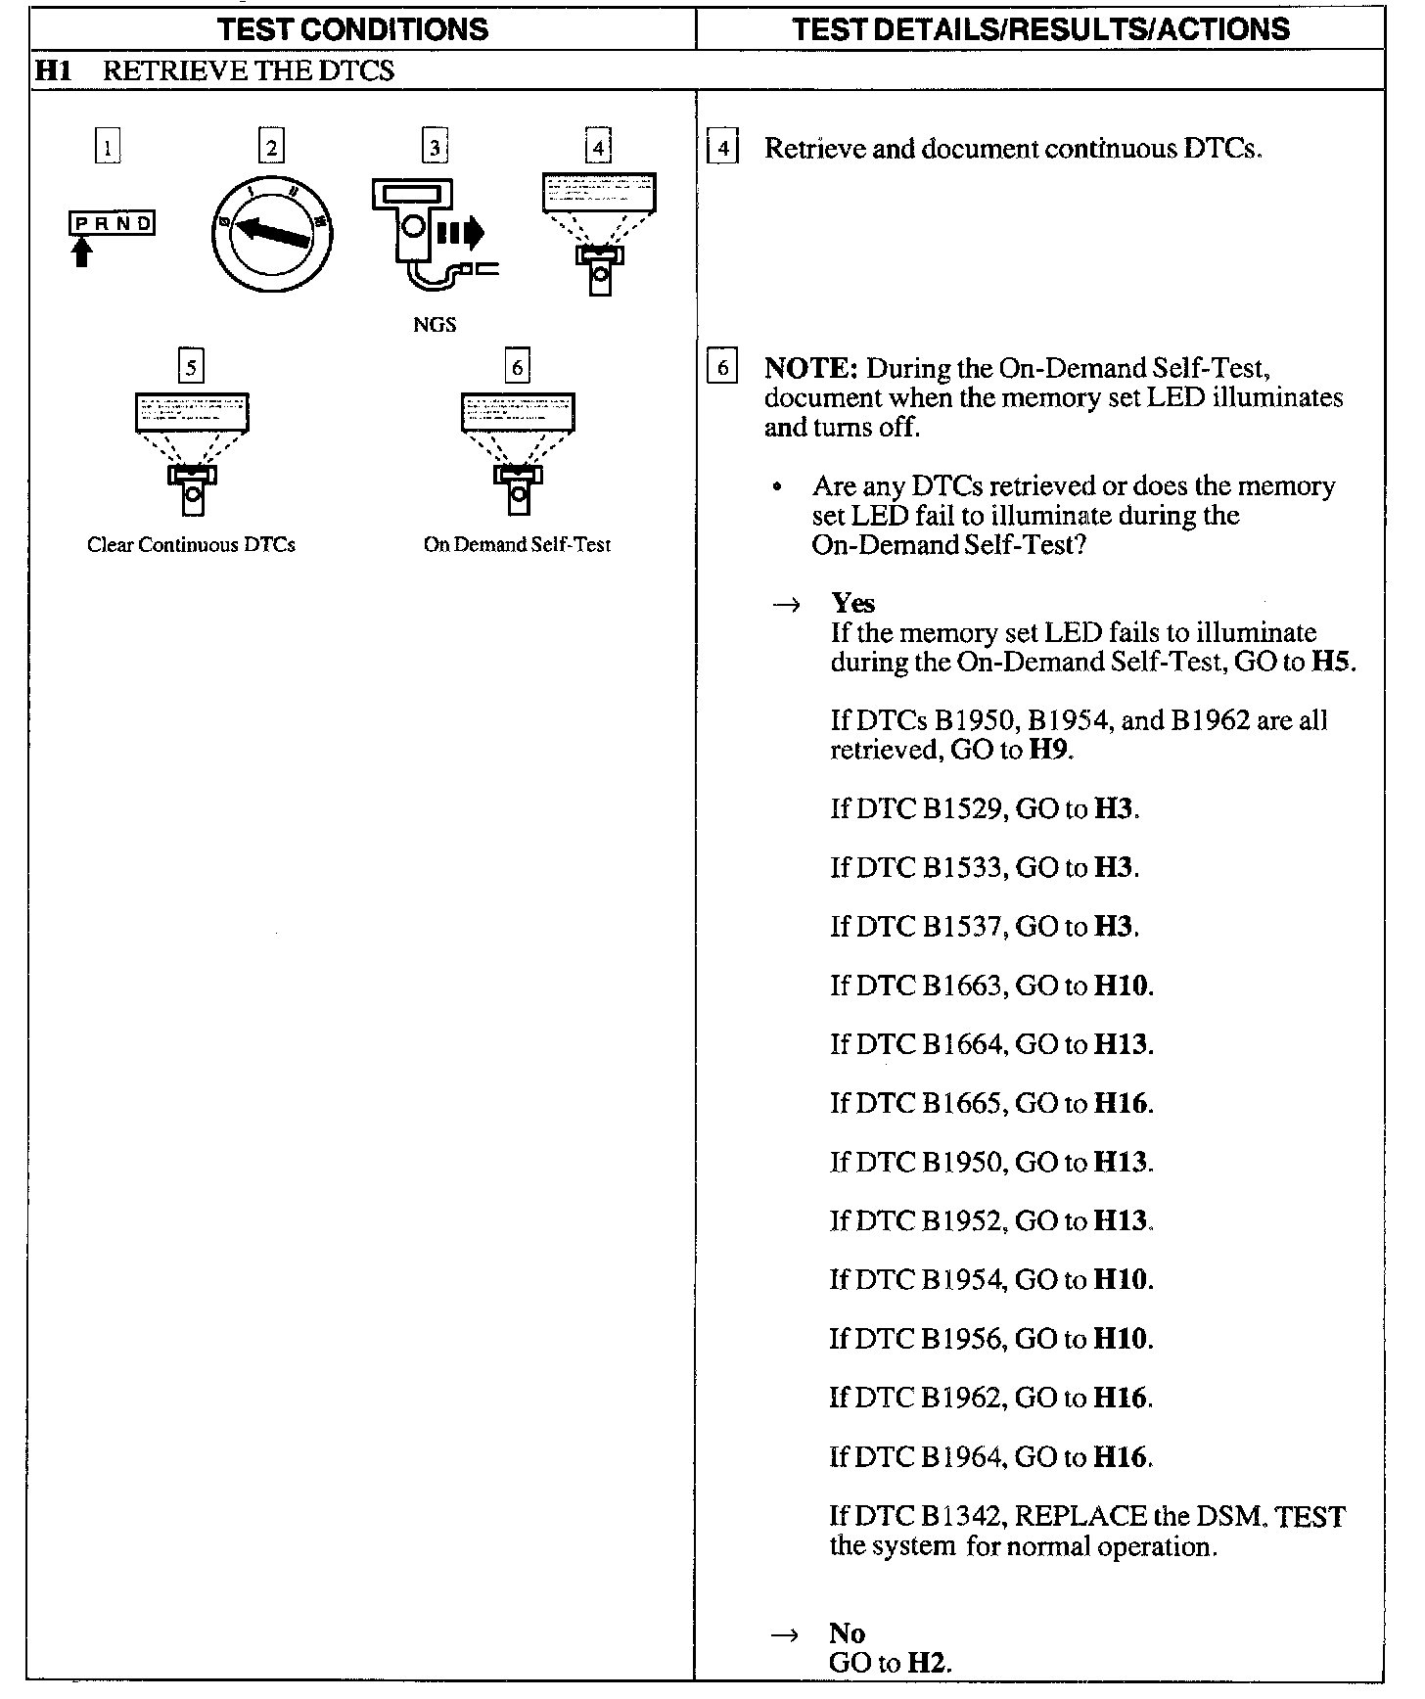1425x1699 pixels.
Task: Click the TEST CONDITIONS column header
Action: pos(353,28)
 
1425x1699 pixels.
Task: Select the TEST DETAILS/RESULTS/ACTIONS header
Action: pos(1041,28)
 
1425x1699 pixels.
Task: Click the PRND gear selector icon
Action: pos(112,224)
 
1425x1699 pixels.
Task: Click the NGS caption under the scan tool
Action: pos(435,324)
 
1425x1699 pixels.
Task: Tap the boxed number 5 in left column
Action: pos(191,367)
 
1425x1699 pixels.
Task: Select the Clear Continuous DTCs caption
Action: pos(191,545)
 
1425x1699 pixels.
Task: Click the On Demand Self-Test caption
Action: pos(517,545)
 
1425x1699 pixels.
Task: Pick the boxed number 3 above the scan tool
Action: pos(435,148)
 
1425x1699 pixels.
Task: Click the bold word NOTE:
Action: pos(810,369)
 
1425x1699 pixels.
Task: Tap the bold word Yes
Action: pos(852,603)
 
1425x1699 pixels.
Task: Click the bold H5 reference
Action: pos(1332,663)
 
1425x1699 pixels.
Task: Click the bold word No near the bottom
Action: pos(847,1633)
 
